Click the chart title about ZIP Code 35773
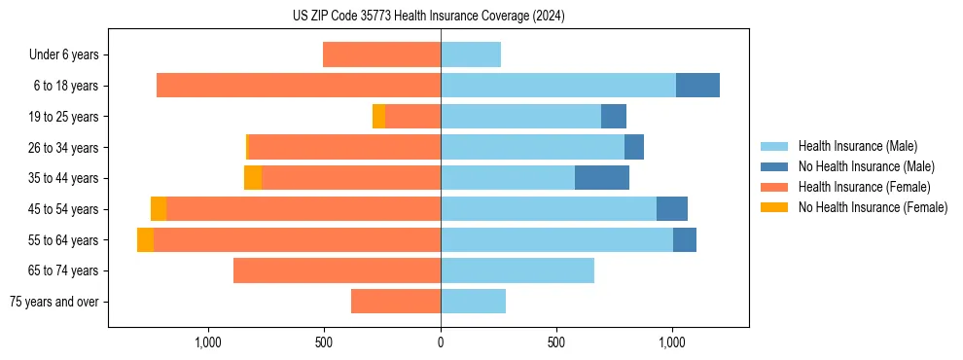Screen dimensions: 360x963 click(x=429, y=17)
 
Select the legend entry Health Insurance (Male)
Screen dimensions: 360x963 click(x=857, y=146)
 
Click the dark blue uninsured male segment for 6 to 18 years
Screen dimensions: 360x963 click(x=697, y=86)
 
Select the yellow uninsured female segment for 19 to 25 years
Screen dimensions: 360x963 click(x=378, y=117)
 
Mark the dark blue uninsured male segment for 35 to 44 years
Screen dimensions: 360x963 click(x=602, y=178)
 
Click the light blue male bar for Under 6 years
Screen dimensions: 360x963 click(x=471, y=55)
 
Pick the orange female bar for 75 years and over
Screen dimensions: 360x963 click(x=396, y=302)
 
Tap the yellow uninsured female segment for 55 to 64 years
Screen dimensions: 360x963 click(x=145, y=240)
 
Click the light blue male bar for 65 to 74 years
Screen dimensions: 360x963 click(x=517, y=270)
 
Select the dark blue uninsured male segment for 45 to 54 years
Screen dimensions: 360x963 click(x=672, y=209)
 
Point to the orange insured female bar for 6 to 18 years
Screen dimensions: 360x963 click(x=299, y=86)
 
